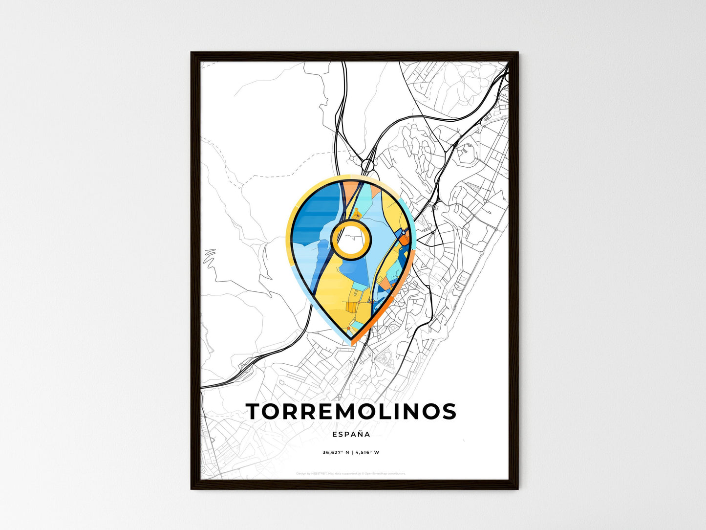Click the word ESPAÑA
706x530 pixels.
point(351,434)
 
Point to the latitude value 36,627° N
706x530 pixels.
point(335,452)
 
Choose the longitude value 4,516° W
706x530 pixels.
point(367,452)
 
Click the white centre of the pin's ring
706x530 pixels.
point(351,239)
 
